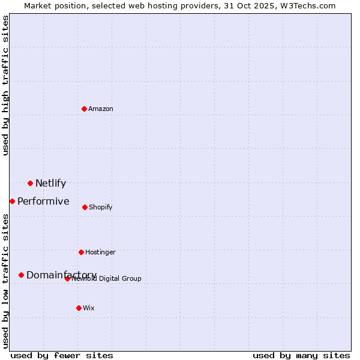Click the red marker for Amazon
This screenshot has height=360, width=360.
pyautogui.click(x=84, y=109)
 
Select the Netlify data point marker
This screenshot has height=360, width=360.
pyautogui.click(x=30, y=183)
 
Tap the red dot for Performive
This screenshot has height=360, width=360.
pyautogui.click(x=12, y=201)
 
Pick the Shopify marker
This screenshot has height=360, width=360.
pyautogui.click(x=85, y=207)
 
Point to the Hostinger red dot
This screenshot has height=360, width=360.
pyautogui.click(x=81, y=252)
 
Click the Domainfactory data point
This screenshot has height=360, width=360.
pyautogui.click(x=21, y=275)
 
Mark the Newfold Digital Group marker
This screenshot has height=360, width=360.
pyautogui.click(x=67, y=278)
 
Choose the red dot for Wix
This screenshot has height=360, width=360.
pyautogui.click(x=79, y=308)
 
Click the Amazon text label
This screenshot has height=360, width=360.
pyautogui.click(x=101, y=109)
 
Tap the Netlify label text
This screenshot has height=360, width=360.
pyautogui.click(x=50, y=184)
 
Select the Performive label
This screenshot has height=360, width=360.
pyautogui.click(x=43, y=202)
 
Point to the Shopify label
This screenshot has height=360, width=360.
pyautogui.click(x=101, y=207)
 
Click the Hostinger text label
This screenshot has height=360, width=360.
pyautogui.click(x=100, y=252)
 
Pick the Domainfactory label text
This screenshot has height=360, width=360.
pyautogui.click(x=61, y=275)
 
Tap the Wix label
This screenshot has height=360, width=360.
pyautogui.click(x=89, y=308)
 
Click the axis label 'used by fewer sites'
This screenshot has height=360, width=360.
pyautogui.click(x=62, y=355)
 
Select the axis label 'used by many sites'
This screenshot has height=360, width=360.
pyautogui.click(x=301, y=355)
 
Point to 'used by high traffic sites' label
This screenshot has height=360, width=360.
pyautogui.click(x=6, y=85)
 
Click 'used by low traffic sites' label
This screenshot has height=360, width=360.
pyautogui.click(x=6, y=280)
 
